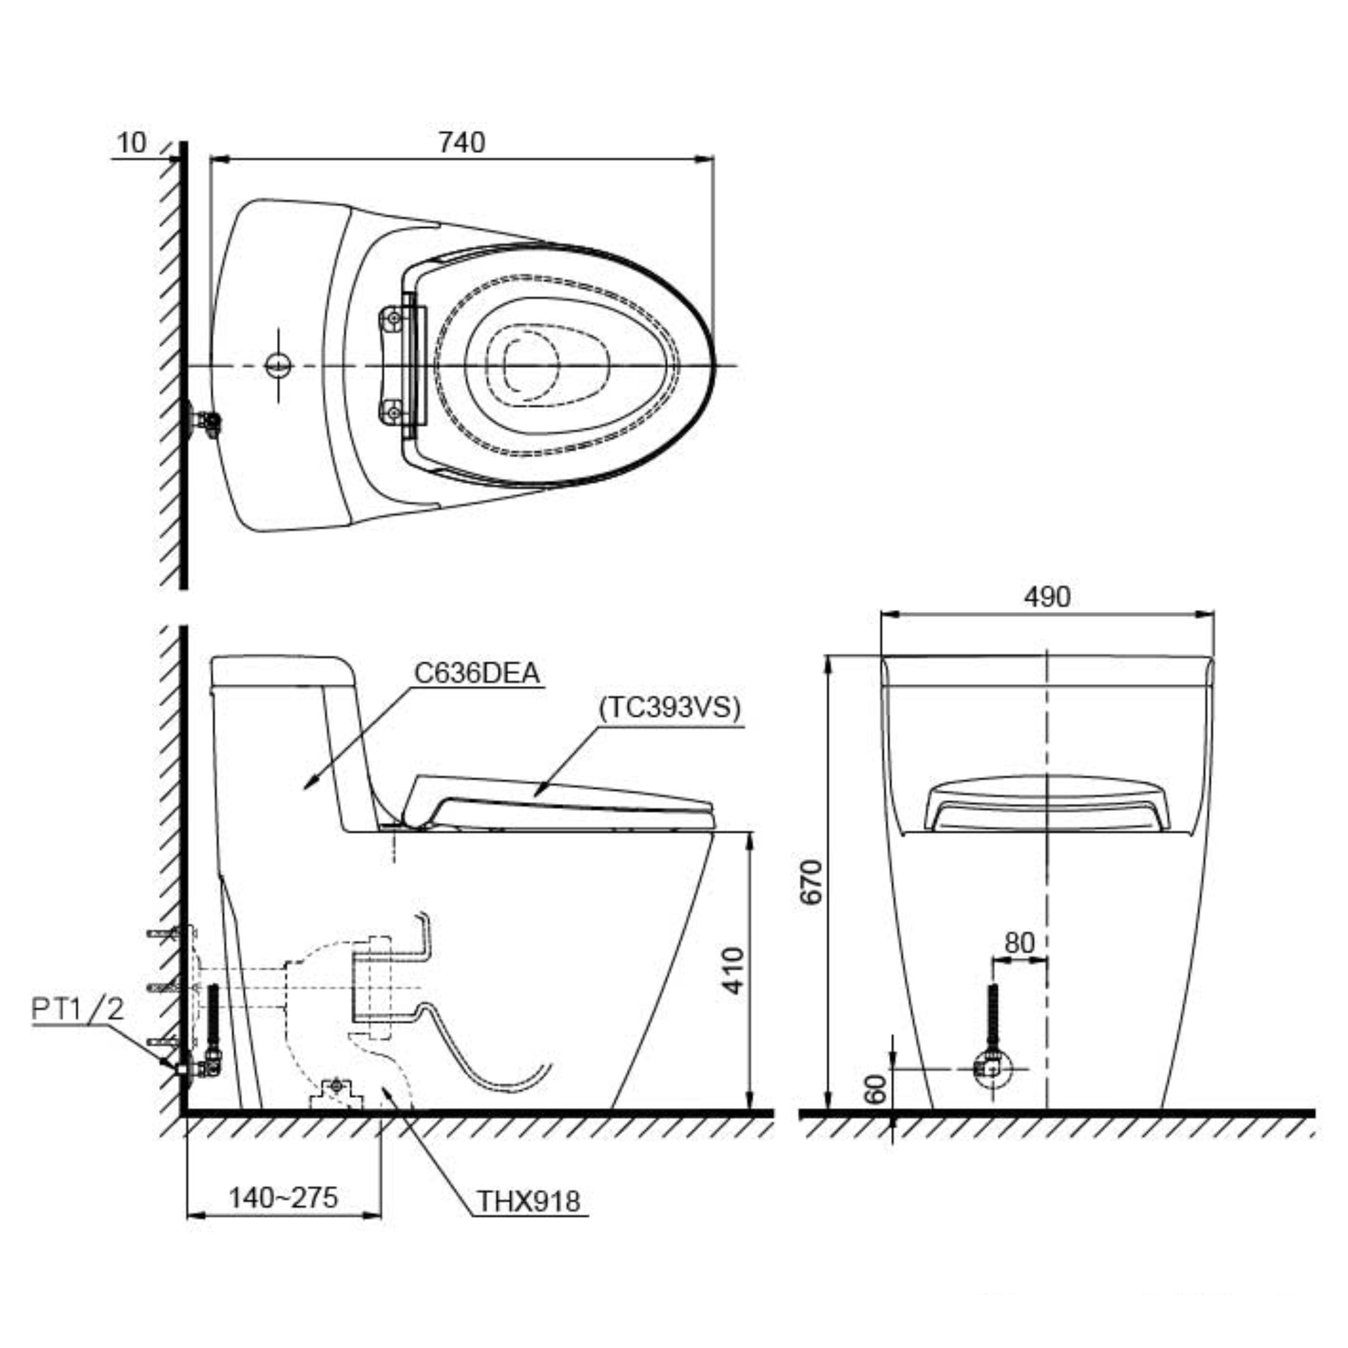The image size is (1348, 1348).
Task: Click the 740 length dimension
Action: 461,142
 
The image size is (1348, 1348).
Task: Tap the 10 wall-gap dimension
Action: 132,142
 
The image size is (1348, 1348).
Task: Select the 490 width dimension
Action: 1047,596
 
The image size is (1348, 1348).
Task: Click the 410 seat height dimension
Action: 733,970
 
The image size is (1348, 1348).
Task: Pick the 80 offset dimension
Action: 1019,944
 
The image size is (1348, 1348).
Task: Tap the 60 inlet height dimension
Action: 875,1089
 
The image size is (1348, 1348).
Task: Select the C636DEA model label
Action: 477,673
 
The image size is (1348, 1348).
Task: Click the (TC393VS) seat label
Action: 669,708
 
